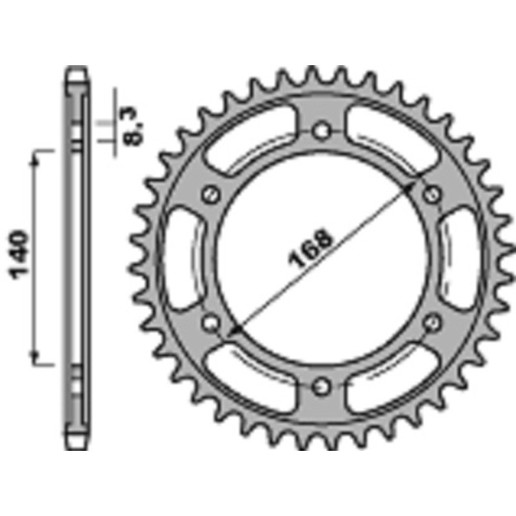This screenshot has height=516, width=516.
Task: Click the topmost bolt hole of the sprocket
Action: (x=321, y=132)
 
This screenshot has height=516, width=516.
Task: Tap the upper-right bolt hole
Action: (x=433, y=194)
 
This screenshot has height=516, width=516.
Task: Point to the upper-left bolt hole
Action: (x=210, y=194)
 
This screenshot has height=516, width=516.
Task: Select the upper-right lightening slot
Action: (x=392, y=138)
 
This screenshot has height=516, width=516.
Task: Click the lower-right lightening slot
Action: (x=392, y=378)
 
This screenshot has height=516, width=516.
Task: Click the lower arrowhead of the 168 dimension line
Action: (x=234, y=330)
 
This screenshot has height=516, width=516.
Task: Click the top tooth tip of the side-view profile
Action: (x=77, y=70)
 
